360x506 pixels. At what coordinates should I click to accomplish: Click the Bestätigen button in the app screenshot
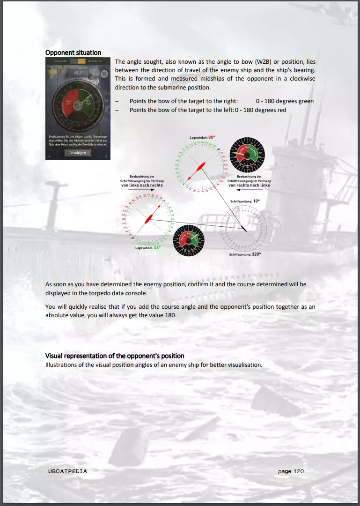point(78,153)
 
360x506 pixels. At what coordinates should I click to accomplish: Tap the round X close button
point(104,73)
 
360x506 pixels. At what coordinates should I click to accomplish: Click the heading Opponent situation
point(73,52)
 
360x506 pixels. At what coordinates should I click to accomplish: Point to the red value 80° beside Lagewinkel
point(212,137)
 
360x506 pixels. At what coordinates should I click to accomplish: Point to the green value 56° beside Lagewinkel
point(157,247)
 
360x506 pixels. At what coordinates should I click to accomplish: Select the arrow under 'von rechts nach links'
point(250,191)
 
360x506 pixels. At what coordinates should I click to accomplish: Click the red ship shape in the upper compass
point(197,170)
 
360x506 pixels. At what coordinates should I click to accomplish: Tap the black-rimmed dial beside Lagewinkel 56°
point(189,240)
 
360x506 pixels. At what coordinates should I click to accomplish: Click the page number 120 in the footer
point(299,471)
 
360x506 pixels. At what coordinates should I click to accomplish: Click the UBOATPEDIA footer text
point(67,471)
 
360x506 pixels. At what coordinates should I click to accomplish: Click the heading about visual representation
point(115,356)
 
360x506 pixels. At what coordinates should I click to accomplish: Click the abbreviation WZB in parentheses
point(262,62)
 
